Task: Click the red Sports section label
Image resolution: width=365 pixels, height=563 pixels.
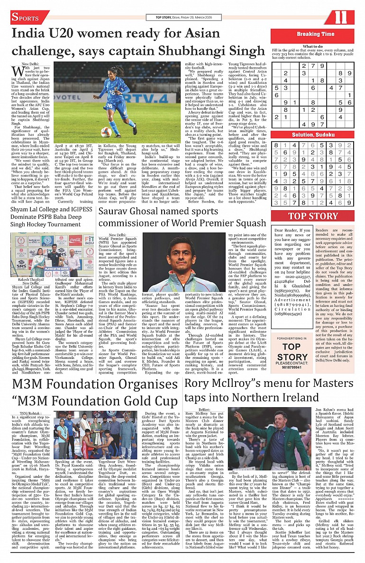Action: [26, 18]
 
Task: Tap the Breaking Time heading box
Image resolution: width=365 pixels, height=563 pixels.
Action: [315, 34]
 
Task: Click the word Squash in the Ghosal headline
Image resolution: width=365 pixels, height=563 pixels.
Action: [245, 223]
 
